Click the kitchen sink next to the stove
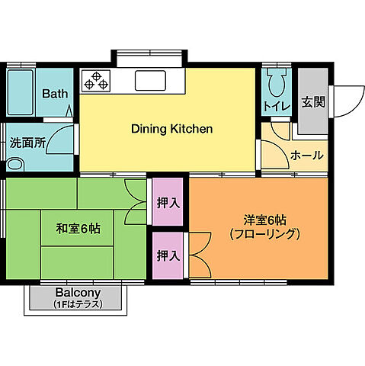158,79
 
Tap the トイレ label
276,106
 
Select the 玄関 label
312,101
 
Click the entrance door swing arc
344,97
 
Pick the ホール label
306,156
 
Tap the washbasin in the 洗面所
15,164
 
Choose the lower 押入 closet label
168,255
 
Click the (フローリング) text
258,235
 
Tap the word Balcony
77,293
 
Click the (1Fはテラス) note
77,304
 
